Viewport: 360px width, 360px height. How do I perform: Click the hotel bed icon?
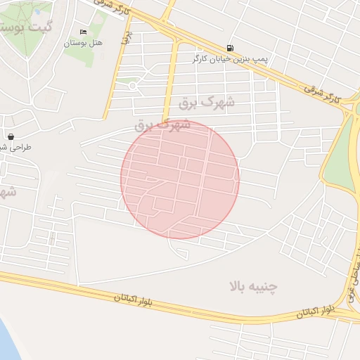(84, 32)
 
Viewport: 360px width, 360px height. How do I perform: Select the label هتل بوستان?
(84, 43)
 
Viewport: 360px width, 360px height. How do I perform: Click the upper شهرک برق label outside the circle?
(206, 103)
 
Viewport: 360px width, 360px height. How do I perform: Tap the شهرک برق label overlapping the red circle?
(162, 125)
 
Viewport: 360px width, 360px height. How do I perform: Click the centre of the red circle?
(180, 179)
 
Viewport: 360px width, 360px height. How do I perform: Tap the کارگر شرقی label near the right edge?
(321, 93)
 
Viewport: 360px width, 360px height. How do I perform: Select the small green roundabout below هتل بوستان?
(132, 86)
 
